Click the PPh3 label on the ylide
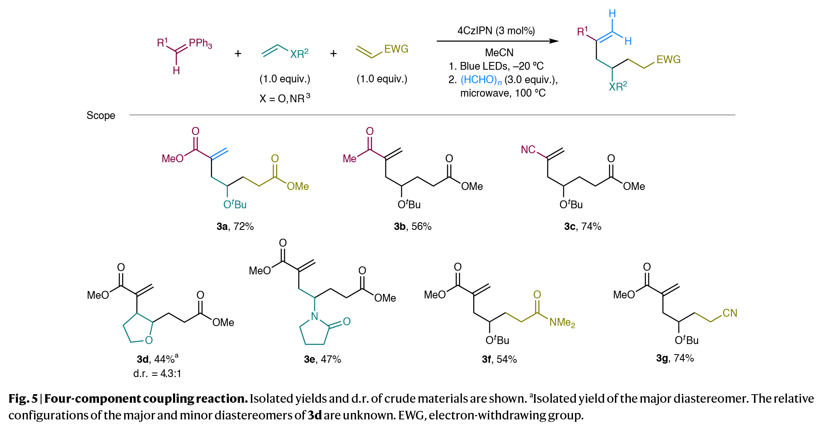pos(200,43)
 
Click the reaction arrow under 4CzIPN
pos(497,41)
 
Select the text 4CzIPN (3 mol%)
pos(496,31)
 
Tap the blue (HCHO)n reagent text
pos(481,80)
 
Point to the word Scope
pos(101,115)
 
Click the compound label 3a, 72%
pos(235,226)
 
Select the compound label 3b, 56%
pos(413,226)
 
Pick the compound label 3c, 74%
pos(582,226)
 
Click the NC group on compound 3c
pos(528,150)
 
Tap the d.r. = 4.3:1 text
pos(157,373)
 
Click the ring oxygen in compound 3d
pos(149,340)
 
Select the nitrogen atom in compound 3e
pos(314,316)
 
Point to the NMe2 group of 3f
pos(562,322)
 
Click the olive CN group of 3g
pos(730,313)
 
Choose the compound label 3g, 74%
pos(675,358)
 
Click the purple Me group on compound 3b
pos(349,159)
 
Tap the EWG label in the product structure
pos(668,60)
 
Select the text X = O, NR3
pos(285,98)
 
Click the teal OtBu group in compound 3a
pos(235,204)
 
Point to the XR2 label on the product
pos(618,86)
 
